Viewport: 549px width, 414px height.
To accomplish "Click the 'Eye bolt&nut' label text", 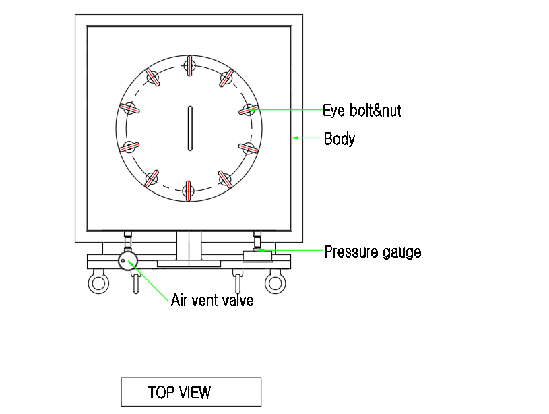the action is [362, 110].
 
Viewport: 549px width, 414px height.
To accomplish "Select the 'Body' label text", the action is [340, 138].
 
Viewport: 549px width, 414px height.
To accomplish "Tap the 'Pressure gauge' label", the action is [373, 252].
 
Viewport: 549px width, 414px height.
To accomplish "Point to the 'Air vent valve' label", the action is [212, 301].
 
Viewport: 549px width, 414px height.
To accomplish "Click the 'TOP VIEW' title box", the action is [191, 392].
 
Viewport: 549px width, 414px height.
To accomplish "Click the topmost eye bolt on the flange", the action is [189, 65].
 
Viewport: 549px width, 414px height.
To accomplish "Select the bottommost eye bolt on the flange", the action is [189, 191].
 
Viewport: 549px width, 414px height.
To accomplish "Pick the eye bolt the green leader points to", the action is [249, 110].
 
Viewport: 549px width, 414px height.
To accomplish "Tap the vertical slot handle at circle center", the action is [190, 128].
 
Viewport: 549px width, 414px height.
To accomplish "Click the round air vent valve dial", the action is [128, 260].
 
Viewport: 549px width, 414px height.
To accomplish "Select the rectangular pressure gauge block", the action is [257, 256].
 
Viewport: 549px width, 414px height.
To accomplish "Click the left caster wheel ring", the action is [98, 283].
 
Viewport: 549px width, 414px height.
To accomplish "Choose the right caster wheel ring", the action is [276, 283].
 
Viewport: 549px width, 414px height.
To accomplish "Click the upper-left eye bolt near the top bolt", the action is [153, 77].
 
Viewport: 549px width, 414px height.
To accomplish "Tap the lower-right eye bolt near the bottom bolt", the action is [225, 179].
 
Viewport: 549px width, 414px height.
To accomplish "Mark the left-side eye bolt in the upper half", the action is [129, 108].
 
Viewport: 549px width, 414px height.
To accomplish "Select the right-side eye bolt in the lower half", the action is [249, 148].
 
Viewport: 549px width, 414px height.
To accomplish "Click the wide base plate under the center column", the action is [189, 263].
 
